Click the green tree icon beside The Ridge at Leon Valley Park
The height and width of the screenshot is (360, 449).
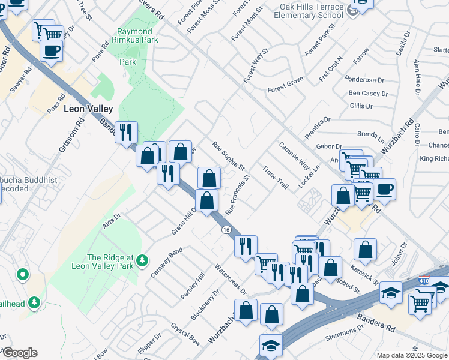tap(142, 260)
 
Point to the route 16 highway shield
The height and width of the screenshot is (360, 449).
tap(226, 230)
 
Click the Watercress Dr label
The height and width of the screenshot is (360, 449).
tap(231, 280)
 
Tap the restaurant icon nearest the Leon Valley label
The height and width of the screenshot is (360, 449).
tap(127, 133)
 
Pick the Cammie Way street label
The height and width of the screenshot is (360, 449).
tap(294, 155)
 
